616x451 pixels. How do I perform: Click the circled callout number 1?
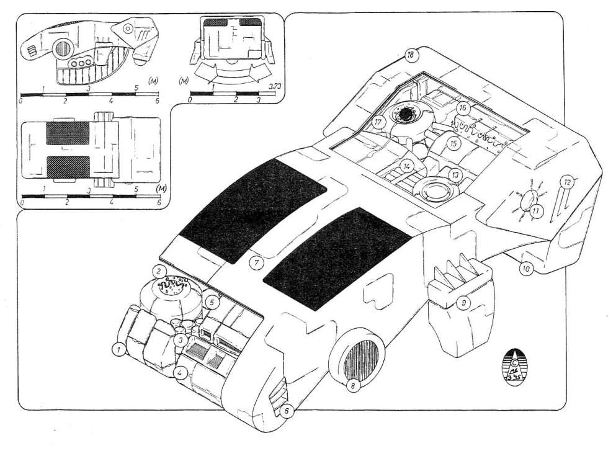coord(117,351)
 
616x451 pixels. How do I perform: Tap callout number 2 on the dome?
coord(159,271)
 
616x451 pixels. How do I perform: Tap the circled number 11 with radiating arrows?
coord(535,211)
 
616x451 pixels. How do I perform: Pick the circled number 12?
coord(566,182)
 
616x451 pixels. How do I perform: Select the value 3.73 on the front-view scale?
coord(272,86)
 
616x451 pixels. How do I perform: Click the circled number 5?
coord(212,303)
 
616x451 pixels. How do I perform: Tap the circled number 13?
coord(455,175)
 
